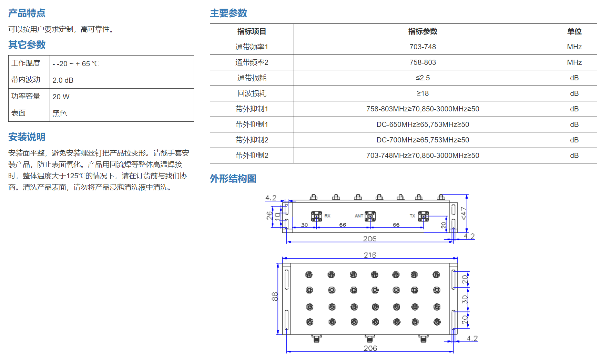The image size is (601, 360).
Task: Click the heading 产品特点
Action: (27, 13)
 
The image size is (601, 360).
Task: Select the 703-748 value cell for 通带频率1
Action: (422, 47)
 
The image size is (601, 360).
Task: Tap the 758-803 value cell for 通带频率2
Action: (422, 62)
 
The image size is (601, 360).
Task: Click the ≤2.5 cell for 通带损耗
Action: (422, 78)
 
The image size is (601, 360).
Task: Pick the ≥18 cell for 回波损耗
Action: (422, 93)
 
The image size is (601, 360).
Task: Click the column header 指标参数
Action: (422, 31)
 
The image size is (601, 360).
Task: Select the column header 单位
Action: (574, 31)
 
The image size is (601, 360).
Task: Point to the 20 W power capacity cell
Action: (122, 97)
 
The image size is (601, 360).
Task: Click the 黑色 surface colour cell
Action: (122, 113)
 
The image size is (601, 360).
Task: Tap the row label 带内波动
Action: (26, 80)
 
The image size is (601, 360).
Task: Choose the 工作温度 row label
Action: (26, 63)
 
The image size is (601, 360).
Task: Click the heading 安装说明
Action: (27, 137)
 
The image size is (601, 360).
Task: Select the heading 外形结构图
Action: (233, 179)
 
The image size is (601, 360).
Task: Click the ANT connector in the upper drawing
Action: (370, 217)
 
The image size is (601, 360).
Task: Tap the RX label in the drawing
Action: (327, 216)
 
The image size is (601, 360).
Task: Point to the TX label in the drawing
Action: (412, 216)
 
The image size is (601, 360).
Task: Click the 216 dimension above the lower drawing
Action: (370, 255)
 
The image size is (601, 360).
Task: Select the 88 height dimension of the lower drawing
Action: (275, 297)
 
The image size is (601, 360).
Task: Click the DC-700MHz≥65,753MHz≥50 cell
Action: (422, 140)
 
